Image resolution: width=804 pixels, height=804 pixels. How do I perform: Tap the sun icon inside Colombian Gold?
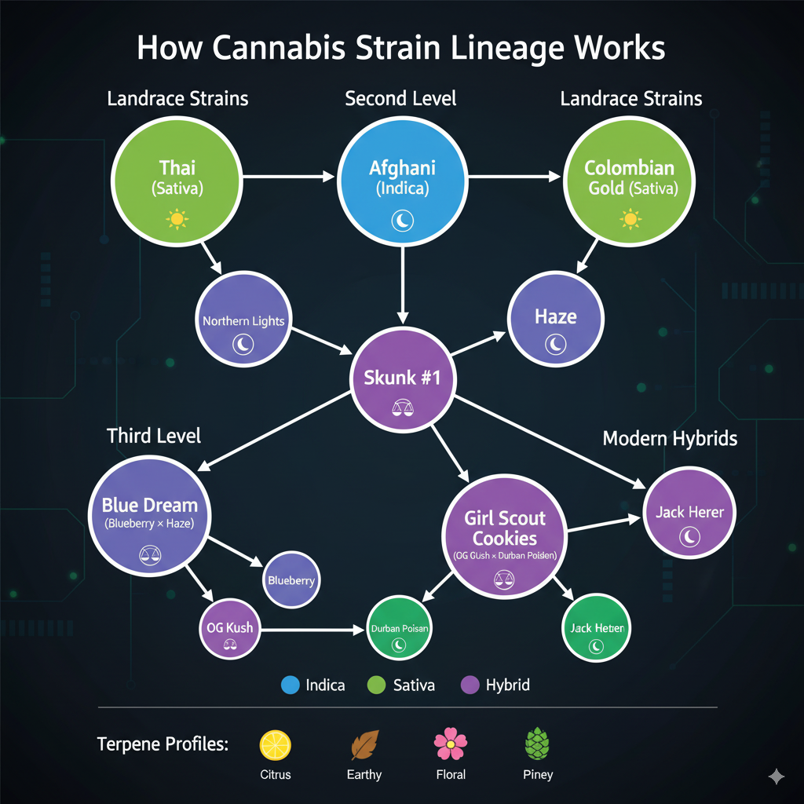point(630,218)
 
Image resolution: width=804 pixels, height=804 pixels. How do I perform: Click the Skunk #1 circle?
point(402,379)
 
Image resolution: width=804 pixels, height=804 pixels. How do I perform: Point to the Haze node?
point(556,322)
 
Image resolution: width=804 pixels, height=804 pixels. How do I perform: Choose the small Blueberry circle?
point(291,580)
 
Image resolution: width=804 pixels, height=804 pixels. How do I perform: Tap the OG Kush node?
point(229,629)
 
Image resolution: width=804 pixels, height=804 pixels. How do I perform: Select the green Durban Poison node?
point(400,630)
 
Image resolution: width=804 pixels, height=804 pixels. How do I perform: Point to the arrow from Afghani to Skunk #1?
point(402,283)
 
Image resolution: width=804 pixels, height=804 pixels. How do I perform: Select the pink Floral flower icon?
point(451,744)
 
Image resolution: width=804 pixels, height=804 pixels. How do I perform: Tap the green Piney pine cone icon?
point(537,744)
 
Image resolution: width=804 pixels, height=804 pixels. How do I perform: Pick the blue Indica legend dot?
point(291,685)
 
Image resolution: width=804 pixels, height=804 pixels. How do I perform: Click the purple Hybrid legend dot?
point(470,685)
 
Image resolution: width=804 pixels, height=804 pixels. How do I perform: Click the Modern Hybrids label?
point(670,438)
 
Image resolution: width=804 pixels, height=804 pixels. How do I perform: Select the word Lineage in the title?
point(486,49)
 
